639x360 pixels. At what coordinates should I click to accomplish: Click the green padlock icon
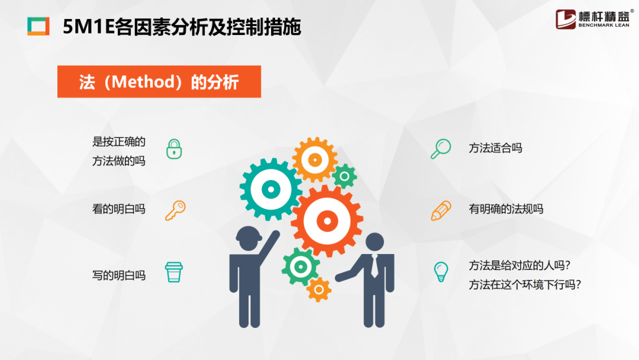click(174, 149)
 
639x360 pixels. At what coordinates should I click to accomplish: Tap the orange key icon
click(176, 210)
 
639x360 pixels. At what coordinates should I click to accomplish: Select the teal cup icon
click(174, 272)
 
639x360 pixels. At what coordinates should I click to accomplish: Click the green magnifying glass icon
click(441, 149)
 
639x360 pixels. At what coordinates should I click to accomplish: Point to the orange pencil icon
click(441, 210)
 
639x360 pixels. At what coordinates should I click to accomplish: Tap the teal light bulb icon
click(441, 272)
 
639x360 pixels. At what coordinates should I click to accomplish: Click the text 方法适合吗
click(495, 148)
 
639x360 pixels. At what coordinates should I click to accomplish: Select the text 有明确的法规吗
click(506, 209)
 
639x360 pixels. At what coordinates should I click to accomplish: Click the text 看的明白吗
click(118, 209)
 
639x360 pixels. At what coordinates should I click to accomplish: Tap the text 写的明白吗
click(118, 275)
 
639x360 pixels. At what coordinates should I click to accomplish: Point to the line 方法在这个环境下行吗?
click(524, 285)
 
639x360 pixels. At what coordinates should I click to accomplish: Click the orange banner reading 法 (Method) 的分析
click(159, 82)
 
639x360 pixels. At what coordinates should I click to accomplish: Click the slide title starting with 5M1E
click(182, 27)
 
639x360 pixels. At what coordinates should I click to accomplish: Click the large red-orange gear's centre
click(327, 221)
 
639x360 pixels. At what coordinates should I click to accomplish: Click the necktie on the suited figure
click(374, 266)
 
